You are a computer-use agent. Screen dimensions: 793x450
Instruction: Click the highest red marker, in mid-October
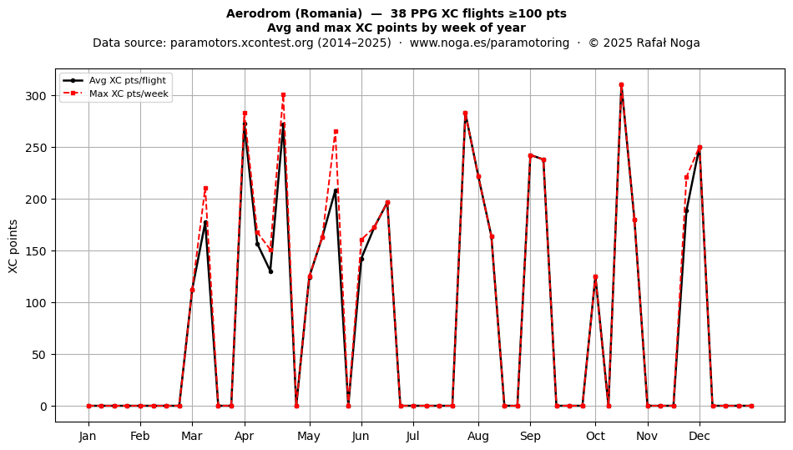coord(621,85)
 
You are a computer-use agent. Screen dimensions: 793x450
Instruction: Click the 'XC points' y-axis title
coord(13,246)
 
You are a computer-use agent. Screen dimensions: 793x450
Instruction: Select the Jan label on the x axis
coord(88,436)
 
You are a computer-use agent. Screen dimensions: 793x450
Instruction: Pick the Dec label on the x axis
coord(700,436)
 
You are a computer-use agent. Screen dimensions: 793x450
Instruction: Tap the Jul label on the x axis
coord(413,436)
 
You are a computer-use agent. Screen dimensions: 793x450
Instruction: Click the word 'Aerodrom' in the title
coord(251,13)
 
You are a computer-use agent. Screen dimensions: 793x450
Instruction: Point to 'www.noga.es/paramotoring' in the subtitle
coord(489,43)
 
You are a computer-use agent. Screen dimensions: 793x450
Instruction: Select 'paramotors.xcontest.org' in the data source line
coord(242,43)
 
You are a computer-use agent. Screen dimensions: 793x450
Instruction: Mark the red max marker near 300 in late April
coord(283,95)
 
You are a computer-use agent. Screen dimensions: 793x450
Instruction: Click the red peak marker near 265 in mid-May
coord(336,132)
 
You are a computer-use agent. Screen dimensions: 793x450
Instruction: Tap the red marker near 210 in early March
coord(205,189)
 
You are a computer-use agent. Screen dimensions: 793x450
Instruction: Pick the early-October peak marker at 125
coord(595,277)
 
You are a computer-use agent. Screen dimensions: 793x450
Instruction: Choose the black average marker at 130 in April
coord(270,271)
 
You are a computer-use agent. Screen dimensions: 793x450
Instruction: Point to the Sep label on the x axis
coord(530,436)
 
